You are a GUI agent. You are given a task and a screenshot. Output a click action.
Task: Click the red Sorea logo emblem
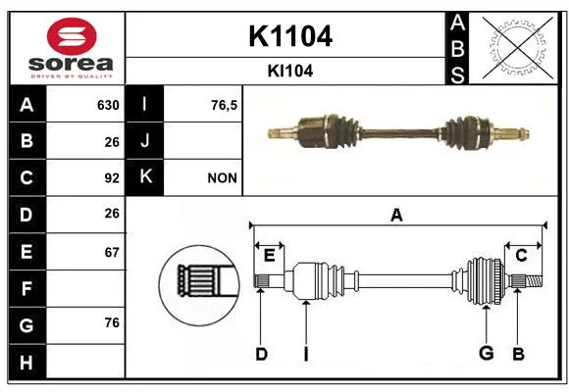pos(72,36)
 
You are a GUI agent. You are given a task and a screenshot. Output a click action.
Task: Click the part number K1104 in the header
pos(290,36)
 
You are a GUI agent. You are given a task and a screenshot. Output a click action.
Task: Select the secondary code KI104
pos(290,72)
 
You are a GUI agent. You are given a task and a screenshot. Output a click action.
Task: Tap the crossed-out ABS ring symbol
pos(518,47)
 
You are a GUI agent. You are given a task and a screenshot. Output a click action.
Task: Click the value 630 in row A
pos(108,105)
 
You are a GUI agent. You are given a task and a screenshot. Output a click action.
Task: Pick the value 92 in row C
pos(112,178)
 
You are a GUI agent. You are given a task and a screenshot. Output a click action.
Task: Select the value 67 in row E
pos(112,252)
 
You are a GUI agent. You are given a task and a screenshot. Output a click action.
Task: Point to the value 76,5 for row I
pos(224,106)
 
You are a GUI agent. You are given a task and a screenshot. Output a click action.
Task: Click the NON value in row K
pos(222,178)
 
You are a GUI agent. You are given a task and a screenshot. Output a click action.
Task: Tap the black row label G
pos(26,325)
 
